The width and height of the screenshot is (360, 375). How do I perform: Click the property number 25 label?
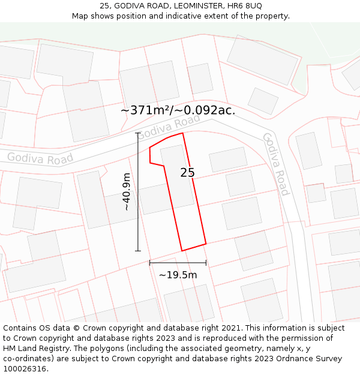click(187, 173)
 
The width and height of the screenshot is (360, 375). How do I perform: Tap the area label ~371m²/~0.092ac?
click(178, 110)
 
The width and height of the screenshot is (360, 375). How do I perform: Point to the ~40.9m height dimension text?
click(126, 191)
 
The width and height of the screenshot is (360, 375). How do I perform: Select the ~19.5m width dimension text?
click(178, 275)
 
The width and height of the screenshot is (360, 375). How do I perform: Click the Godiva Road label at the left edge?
click(40, 158)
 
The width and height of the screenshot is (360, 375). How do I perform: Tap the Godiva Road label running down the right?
click(276, 164)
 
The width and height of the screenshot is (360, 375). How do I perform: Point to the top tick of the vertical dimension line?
click(138, 133)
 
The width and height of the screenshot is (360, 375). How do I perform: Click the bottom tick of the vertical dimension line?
click(138, 250)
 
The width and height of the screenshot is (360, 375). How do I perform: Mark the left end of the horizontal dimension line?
click(149, 263)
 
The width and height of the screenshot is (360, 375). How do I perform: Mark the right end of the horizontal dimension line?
click(206, 263)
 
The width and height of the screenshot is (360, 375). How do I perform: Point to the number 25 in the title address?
click(104, 6)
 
